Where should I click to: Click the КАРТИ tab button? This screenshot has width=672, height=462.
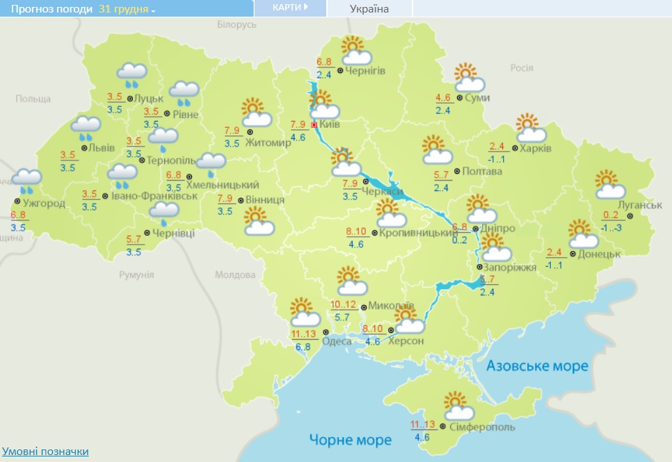(x=290, y=8)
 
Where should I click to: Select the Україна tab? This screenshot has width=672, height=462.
(x=369, y=9)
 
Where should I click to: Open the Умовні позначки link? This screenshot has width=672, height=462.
(x=46, y=452)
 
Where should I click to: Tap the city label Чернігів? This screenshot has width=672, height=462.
(x=366, y=71)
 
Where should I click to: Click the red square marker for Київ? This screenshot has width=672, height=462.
(x=314, y=125)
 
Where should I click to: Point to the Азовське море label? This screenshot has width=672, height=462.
(x=536, y=365)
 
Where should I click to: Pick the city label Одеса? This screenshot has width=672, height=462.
(x=337, y=340)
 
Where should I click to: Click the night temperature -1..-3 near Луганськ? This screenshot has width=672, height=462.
(x=611, y=229)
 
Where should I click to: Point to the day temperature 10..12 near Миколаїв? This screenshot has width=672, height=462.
(x=343, y=304)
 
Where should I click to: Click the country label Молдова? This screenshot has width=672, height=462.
(x=235, y=274)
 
